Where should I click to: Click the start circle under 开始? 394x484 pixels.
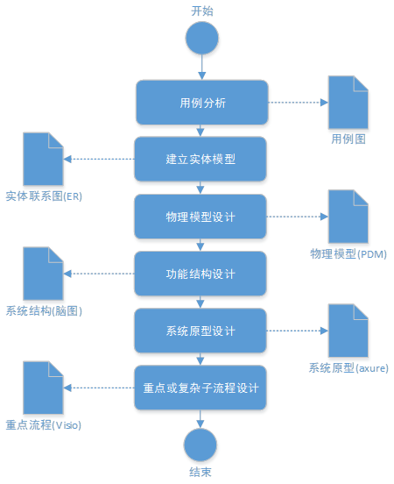[x=202, y=38]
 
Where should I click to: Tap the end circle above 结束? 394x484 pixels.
[x=201, y=445]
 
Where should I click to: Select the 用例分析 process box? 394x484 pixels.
[x=202, y=103]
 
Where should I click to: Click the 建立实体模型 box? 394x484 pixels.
[x=201, y=159]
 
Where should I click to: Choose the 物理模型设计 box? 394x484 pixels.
[x=201, y=217]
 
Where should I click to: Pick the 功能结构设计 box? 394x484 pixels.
[x=201, y=274]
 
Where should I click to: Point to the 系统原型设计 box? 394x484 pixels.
[x=201, y=331]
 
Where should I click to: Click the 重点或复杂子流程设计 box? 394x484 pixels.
[x=201, y=388]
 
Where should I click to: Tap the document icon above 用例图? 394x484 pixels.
[x=348, y=103]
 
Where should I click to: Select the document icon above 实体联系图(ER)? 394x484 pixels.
[x=44, y=159]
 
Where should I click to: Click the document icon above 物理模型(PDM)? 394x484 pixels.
[x=348, y=217]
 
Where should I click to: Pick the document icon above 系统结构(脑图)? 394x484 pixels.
[x=44, y=274]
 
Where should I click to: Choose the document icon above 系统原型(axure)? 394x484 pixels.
[x=348, y=331]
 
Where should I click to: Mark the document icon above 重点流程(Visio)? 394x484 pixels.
[x=44, y=388]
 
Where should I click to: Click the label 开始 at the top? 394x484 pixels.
[x=202, y=11]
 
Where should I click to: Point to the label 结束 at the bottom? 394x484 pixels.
[x=201, y=472]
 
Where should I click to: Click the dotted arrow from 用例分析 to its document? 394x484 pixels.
[x=298, y=103]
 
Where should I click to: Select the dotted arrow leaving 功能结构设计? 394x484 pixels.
[x=99, y=274]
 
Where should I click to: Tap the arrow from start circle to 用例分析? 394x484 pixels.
[x=202, y=68]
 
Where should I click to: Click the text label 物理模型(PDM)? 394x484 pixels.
[x=348, y=254]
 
